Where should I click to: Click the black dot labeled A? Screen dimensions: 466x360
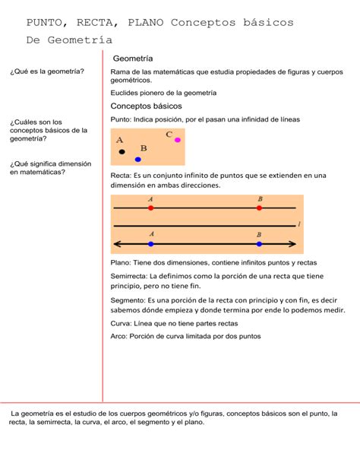[122, 152]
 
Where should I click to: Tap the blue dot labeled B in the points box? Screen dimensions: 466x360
[137, 160]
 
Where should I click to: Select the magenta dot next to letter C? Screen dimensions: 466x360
[178, 140]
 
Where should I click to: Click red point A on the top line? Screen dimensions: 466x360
[151, 208]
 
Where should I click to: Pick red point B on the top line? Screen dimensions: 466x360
[260, 208]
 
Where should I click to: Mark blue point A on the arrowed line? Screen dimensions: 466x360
[151, 244]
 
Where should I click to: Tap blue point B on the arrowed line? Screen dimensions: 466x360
[260, 244]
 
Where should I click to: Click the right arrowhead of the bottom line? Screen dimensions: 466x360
[292, 244]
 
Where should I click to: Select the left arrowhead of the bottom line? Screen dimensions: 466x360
[116, 244]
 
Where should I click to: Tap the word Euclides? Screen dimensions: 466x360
[126, 93]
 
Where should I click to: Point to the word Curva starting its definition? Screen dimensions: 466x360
[120, 323]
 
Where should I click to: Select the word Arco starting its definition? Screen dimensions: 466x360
[118, 335]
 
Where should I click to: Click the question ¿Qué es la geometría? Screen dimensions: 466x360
[47, 71]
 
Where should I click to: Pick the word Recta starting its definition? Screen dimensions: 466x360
[121, 176]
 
